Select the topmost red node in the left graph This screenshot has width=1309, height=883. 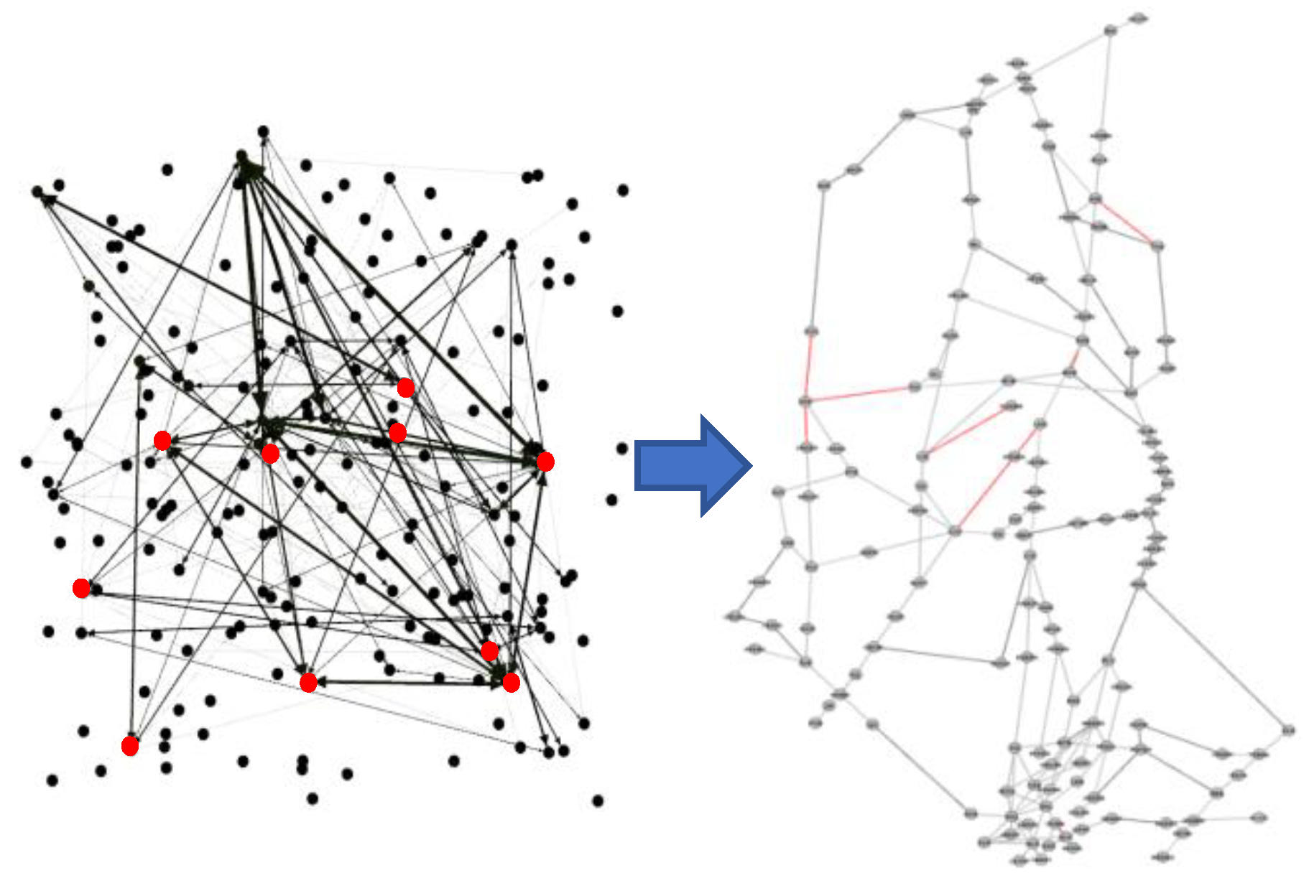[x=406, y=388]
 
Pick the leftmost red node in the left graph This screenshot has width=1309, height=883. [x=81, y=589]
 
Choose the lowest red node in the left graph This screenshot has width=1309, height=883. [x=130, y=746]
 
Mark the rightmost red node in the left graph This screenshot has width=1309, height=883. [x=545, y=462]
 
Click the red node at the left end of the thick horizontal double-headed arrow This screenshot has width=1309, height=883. [x=308, y=682]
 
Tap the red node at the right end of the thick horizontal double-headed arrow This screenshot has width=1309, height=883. [x=511, y=682]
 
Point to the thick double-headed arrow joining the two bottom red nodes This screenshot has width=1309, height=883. [x=410, y=682]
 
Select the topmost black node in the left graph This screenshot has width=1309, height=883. [x=264, y=131]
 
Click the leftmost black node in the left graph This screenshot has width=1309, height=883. [x=27, y=462]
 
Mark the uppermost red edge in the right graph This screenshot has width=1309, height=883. [x=1126, y=223]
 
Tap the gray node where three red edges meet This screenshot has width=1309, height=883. [x=805, y=401]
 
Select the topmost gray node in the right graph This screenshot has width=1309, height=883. [x=1137, y=18]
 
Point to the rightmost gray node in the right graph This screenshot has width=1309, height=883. [x=1288, y=730]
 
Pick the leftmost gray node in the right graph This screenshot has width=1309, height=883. [x=734, y=616]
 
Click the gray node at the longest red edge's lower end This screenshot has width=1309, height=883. [x=955, y=531]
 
